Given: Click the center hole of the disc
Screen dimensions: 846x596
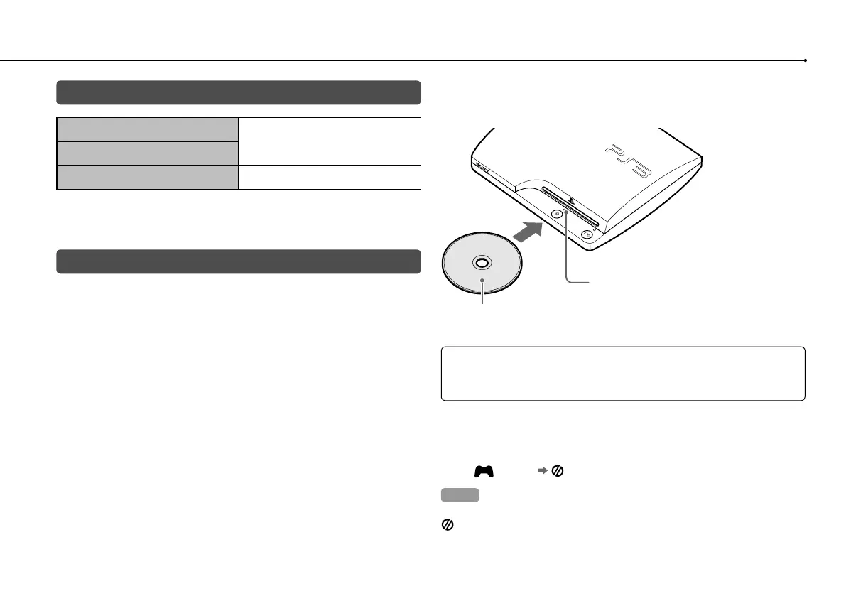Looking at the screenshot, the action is (480, 262).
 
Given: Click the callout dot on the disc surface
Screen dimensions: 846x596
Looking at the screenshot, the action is (483, 281).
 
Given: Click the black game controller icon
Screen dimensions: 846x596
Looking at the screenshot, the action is (484, 470).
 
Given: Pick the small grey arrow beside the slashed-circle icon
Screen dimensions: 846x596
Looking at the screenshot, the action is (542, 470).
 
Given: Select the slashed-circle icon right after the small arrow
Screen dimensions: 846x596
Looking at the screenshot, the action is (557, 470).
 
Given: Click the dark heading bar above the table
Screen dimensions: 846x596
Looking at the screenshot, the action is (239, 92).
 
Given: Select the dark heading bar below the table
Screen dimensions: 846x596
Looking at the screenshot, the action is (239, 261).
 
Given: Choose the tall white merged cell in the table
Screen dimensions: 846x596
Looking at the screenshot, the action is (329, 141).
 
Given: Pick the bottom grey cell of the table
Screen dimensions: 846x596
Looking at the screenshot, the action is (147, 177).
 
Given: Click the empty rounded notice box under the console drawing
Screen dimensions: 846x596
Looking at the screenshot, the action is (623, 374).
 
